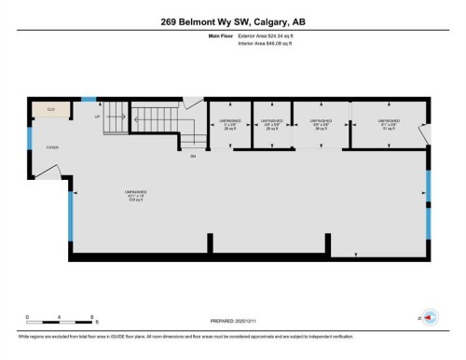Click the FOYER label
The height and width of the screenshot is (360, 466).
click(x=52, y=146)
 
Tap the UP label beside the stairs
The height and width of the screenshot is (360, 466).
click(x=97, y=118)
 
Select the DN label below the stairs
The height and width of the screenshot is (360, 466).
click(x=193, y=156)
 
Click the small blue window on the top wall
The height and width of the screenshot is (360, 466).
click(x=89, y=99)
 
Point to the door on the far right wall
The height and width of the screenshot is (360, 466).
click(x=423, y=138)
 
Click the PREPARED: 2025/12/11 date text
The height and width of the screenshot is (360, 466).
click(x=233, y=317)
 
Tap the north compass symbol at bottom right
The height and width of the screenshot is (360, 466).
click(x=430, y=317)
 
